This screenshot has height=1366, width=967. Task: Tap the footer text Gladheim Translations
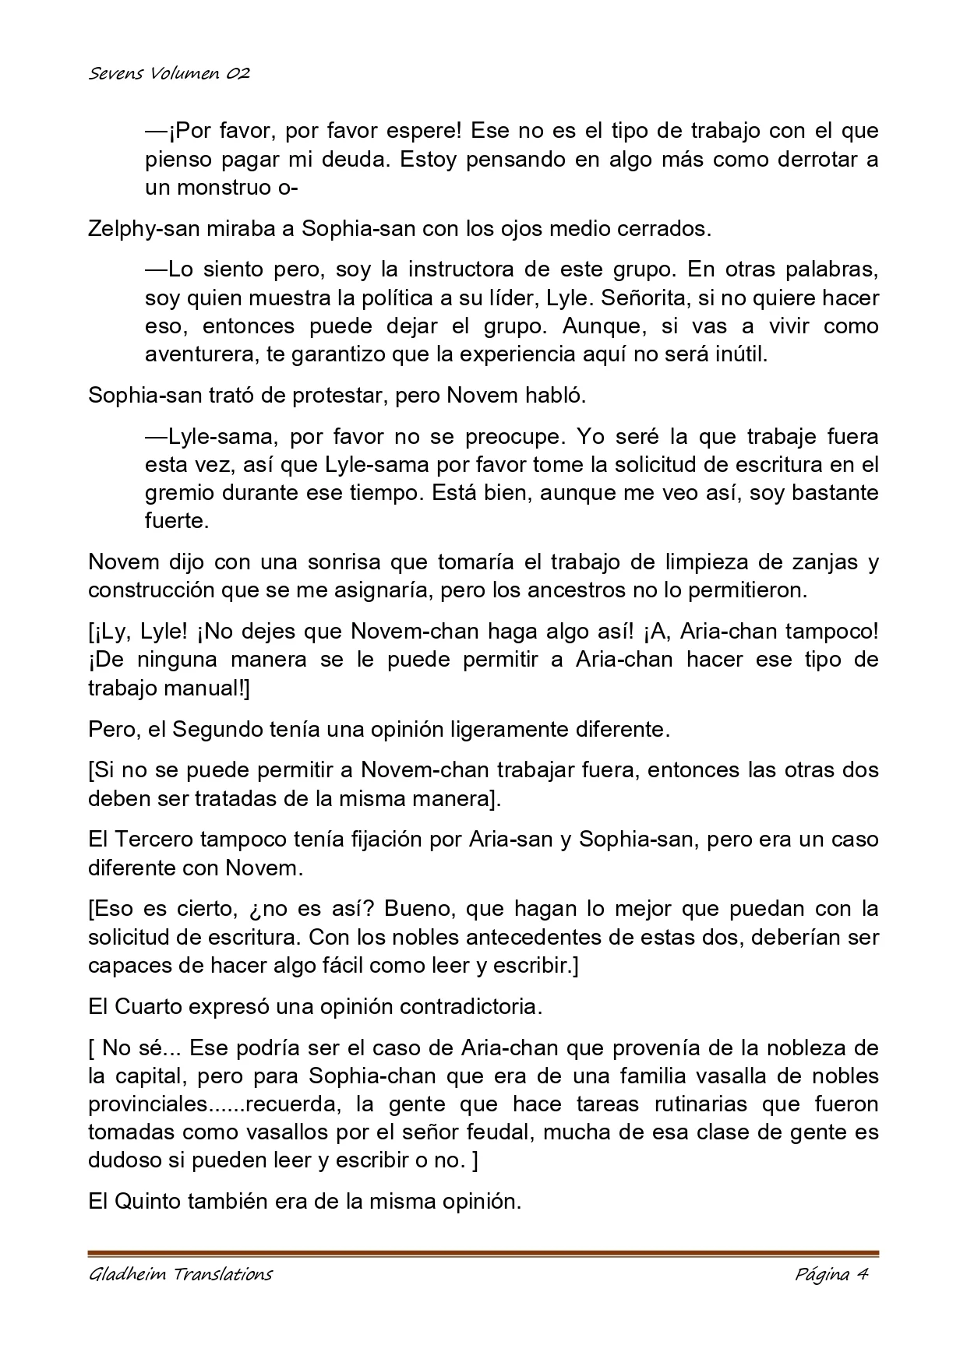point(180,1274)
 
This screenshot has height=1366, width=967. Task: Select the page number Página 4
point(831,1274)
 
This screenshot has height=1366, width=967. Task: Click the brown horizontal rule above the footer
point(483,1253)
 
